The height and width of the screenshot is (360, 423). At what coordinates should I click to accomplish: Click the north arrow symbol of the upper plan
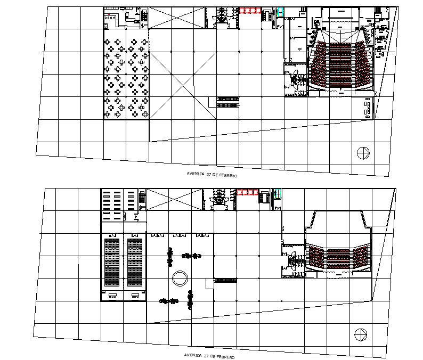(363, 153)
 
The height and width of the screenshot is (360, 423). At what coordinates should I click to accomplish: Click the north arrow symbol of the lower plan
(361, 334)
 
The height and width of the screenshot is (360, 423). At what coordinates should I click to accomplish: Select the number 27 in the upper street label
(209, 174)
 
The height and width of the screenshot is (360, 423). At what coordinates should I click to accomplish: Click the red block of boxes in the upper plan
(250, 11)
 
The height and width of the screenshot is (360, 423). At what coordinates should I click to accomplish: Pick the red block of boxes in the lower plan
(248, 192)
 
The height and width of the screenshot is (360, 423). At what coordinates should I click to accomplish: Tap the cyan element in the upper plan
(280, 12)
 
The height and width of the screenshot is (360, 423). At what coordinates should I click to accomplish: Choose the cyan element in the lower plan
(278, 194)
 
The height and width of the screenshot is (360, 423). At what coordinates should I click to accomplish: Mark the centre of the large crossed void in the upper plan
(183, 86)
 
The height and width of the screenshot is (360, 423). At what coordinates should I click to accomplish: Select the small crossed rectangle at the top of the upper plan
(177, 18)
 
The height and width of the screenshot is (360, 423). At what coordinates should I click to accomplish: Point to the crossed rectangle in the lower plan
(174, 200)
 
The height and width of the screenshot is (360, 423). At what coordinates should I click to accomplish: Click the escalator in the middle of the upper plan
(227, 102)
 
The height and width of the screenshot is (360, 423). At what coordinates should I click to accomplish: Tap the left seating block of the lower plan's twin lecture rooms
(112, 262)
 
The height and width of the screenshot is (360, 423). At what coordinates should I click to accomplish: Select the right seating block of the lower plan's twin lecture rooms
(135, 262)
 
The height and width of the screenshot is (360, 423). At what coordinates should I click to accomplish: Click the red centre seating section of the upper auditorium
(340, 64)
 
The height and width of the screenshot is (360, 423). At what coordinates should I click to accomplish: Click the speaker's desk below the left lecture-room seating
(112, 296)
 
